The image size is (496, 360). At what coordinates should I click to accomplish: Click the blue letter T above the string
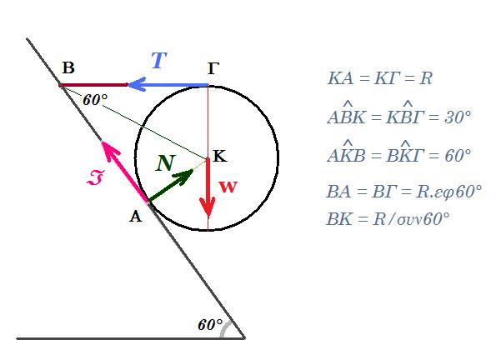(159, 60)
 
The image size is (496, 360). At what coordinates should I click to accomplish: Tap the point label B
(68, 67)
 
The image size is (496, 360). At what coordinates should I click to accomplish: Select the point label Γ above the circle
(213, 68)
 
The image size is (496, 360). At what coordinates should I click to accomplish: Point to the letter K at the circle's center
(220, 156)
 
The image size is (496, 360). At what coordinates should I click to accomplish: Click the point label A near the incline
(136, 217)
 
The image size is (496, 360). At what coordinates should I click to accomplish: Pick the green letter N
(165, 163)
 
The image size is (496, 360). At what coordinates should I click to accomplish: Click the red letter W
(228, 187)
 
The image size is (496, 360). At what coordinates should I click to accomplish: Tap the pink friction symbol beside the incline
(95, 177)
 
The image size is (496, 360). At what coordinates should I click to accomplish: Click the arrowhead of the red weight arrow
(208, 207)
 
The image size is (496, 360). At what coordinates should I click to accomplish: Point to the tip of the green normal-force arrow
(193, 170)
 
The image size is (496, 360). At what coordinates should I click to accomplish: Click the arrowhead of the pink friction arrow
(103, 142)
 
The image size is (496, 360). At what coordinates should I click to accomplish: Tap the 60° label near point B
(95, 100)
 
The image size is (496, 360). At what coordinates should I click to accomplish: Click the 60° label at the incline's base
(210, 325)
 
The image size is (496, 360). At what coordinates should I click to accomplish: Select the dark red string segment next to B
(93, 85)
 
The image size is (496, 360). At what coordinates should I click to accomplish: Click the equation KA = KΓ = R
(380, 78)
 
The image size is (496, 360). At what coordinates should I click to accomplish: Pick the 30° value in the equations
(458, 117)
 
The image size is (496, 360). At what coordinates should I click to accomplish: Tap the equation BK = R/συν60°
(388, 218)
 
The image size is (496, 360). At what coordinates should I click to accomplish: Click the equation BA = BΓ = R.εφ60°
(404, 192)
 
